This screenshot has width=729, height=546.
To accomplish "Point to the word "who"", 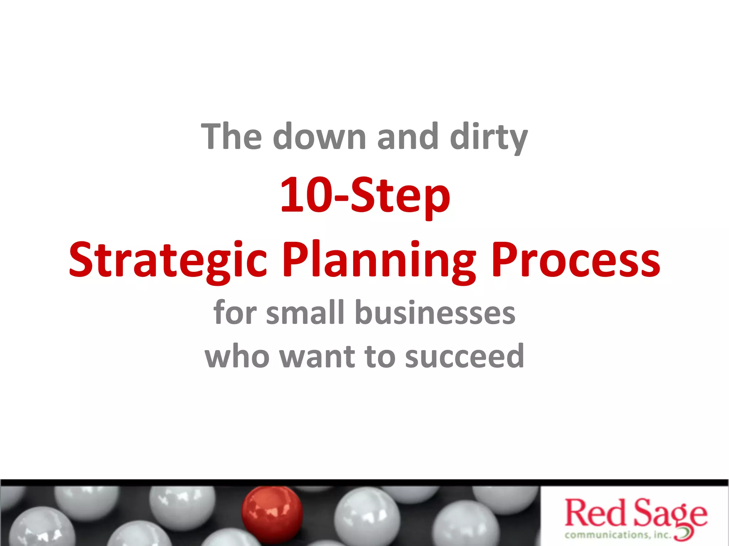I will click(x=237, y=356).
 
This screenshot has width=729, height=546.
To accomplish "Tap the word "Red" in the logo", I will click(x=595, y=513).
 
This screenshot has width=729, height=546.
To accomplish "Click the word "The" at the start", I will click(x=232, y=137).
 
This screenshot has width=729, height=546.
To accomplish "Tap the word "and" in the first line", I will click(x=408, y=137).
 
